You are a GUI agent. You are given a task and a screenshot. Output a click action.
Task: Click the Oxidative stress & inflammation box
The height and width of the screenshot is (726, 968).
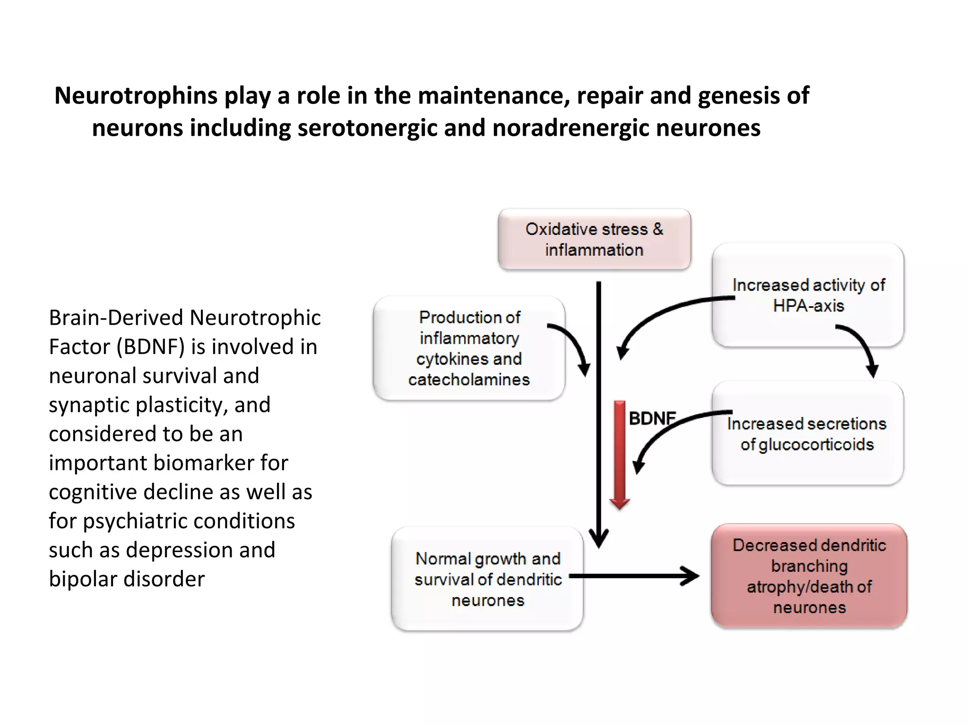click(x=594, y=239)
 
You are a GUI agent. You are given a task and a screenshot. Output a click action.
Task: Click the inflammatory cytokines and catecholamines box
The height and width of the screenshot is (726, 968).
click(x=469, y=348)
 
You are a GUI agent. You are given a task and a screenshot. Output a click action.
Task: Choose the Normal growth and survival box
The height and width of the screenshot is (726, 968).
click(x=487, y=579)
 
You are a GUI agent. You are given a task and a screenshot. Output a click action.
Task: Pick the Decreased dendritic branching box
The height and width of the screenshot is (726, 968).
click(x=809, y=576)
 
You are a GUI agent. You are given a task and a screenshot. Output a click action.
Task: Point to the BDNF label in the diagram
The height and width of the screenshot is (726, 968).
click(x=651, y=418)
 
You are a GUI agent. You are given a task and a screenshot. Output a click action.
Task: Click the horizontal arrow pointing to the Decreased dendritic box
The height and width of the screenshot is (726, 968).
click(x=633, y=576)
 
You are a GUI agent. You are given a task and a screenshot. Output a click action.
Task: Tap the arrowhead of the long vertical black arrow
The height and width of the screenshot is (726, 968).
click(x=598, y=539)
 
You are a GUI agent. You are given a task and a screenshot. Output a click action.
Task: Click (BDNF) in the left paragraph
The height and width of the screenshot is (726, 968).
click(x=151, y=347)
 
